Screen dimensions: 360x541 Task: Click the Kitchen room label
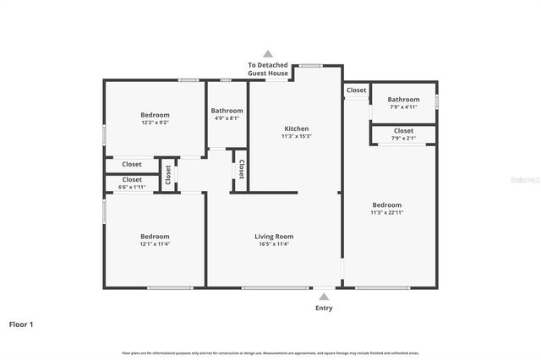coord(296,128)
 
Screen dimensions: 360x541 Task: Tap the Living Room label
coord(274,237)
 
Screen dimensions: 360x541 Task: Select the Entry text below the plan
coord(324,308)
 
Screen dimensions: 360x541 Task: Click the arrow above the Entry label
coord(324,297)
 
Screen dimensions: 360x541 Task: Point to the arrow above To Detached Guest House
coord(268,53)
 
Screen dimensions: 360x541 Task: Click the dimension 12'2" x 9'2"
coord(155,123)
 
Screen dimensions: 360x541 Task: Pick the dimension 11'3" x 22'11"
coord(387,212)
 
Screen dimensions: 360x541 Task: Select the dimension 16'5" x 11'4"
coord(274,244)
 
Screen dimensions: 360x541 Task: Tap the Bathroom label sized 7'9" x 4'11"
coord(403,100)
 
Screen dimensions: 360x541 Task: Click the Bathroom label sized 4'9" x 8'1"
coord(227,111)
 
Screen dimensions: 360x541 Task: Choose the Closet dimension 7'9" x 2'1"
coord(403,139)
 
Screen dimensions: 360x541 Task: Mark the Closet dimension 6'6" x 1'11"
coord(132,187)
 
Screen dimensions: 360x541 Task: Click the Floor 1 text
coord(21,324)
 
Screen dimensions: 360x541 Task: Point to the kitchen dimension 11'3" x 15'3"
coord(296,136)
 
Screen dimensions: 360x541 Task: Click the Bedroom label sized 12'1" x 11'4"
coord(155,237)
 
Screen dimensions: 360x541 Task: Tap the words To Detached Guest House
coord(268,69)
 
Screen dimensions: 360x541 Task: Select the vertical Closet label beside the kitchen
coord(241,168)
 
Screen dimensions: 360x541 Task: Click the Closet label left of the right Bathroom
coord(356,90)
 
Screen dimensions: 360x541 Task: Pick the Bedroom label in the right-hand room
coord(387,205)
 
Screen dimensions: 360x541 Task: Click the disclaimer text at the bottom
coord(270,352)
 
